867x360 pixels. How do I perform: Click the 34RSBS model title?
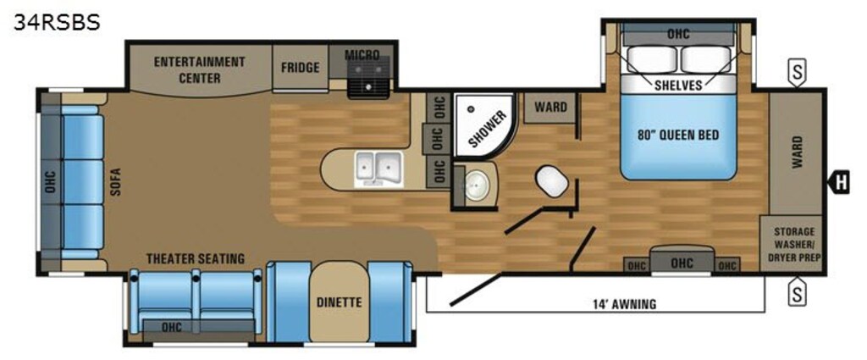point(57,22)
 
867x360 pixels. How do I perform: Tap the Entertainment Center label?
point(199,69)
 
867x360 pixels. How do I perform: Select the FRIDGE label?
point(300,68)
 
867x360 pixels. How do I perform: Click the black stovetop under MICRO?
point(368,79)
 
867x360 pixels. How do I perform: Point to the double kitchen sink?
point(378,168)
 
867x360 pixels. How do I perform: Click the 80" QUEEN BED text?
point(678,135)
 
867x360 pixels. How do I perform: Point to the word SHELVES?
point(678,86)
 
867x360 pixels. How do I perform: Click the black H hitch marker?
point(839,181)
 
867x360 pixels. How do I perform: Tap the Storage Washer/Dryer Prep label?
point(792,245)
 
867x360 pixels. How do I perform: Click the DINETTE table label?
point(339,302)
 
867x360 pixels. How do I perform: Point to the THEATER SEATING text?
point(196,258)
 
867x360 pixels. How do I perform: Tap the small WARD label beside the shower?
point(550,106)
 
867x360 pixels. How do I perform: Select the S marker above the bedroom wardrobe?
point(797,73)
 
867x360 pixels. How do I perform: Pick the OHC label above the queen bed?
point(678,34)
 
